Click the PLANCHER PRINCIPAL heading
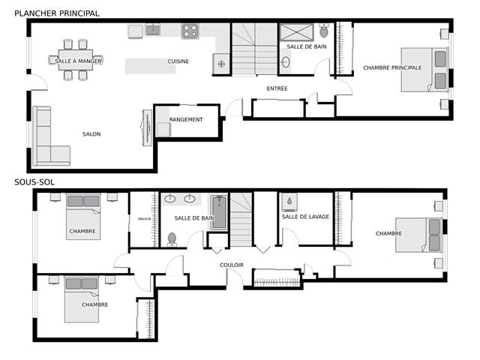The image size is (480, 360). coord(57,13)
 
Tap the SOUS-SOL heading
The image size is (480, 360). coord(34,182)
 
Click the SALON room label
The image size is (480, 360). coord(91,134)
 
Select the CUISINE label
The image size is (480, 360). coord(178,61)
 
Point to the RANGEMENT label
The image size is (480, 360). coord(186,119)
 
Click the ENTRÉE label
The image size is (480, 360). coord(277,88)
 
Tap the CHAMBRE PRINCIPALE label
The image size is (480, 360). coord(392,67)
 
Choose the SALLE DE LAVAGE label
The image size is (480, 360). coord(305,217)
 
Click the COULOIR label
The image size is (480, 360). coord(232,265)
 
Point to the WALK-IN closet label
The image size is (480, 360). coord(144,218)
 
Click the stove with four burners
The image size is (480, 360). coord(190,31)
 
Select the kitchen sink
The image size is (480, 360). coord(153,30)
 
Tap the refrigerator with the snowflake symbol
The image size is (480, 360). coord(221,64)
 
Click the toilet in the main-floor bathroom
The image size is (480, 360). coord(324,31)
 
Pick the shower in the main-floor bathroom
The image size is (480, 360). coord(297,32)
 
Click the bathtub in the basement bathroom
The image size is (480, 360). coord(219,212)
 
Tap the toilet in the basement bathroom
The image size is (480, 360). coord(172,239)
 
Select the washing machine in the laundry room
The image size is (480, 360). coord(289,202)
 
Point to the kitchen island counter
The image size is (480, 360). coord(150,66)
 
